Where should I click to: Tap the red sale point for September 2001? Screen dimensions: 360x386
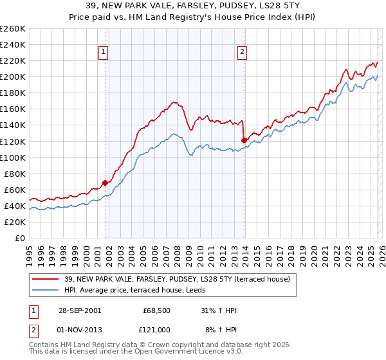(x=106, y=183)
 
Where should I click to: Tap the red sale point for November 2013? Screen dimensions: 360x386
(x=244, y=140)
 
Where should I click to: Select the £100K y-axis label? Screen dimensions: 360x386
(x=13, y=157)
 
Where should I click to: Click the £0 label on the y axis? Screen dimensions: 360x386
(x=20, y=238)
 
